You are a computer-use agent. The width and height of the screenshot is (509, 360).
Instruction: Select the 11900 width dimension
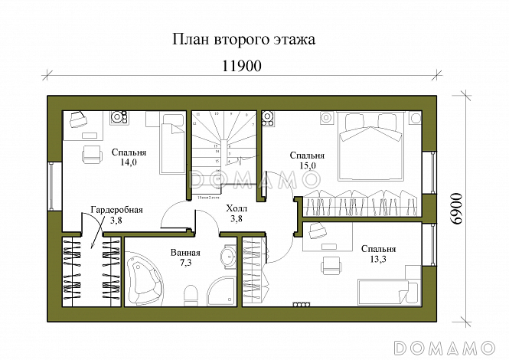coord(242,66)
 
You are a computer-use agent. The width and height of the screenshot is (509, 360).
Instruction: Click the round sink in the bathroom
coord(228,257)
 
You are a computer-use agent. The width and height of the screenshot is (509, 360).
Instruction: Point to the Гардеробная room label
coord(116,210)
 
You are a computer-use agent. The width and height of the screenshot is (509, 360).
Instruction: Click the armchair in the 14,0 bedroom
coord(91,152)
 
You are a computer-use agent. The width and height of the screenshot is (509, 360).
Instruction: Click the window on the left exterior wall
coord(51,185)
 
